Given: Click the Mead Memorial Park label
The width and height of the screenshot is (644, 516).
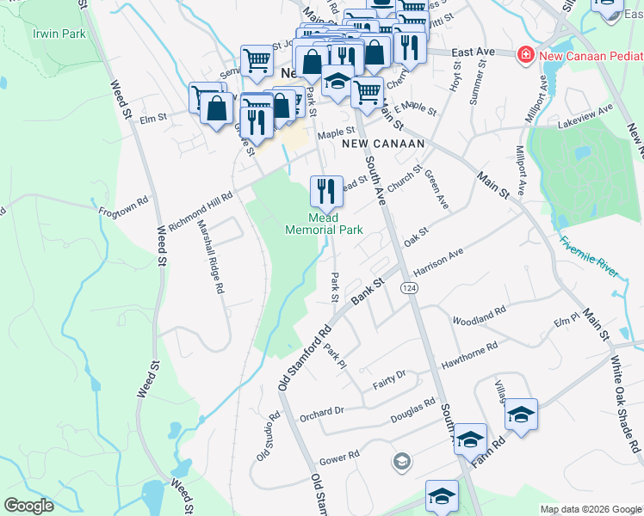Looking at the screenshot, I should point(324,224).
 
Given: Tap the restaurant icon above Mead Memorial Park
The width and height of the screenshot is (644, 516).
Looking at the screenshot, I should point(325,191).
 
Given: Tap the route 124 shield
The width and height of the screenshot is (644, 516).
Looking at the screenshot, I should point(408,288).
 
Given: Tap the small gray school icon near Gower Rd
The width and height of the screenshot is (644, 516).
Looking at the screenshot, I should point(400,463).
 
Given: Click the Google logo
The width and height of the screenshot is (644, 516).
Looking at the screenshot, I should point(29,505).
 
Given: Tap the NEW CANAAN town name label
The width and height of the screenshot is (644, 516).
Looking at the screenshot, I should point(372,144).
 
